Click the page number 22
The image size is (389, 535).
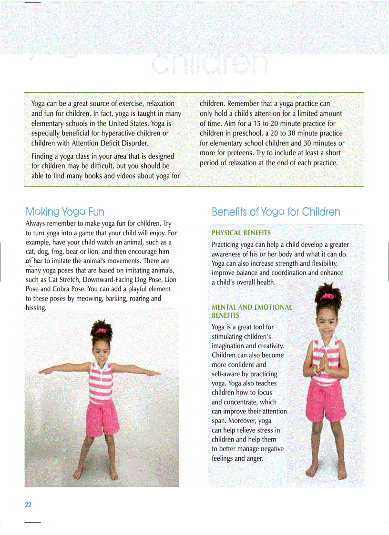pos(28,505)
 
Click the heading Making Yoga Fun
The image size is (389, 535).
pos(65,212)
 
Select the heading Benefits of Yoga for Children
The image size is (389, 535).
pos(276,212)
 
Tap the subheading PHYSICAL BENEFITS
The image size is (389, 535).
pos(241,233)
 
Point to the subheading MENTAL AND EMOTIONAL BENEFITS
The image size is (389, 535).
pos(252,311)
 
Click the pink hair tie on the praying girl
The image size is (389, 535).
pos(327,297)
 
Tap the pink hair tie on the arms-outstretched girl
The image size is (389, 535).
pos(101,331)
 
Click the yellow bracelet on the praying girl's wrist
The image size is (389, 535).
pos(316,370)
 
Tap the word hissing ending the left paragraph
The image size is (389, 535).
pos(36,308)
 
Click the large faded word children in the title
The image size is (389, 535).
pos(210,63)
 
